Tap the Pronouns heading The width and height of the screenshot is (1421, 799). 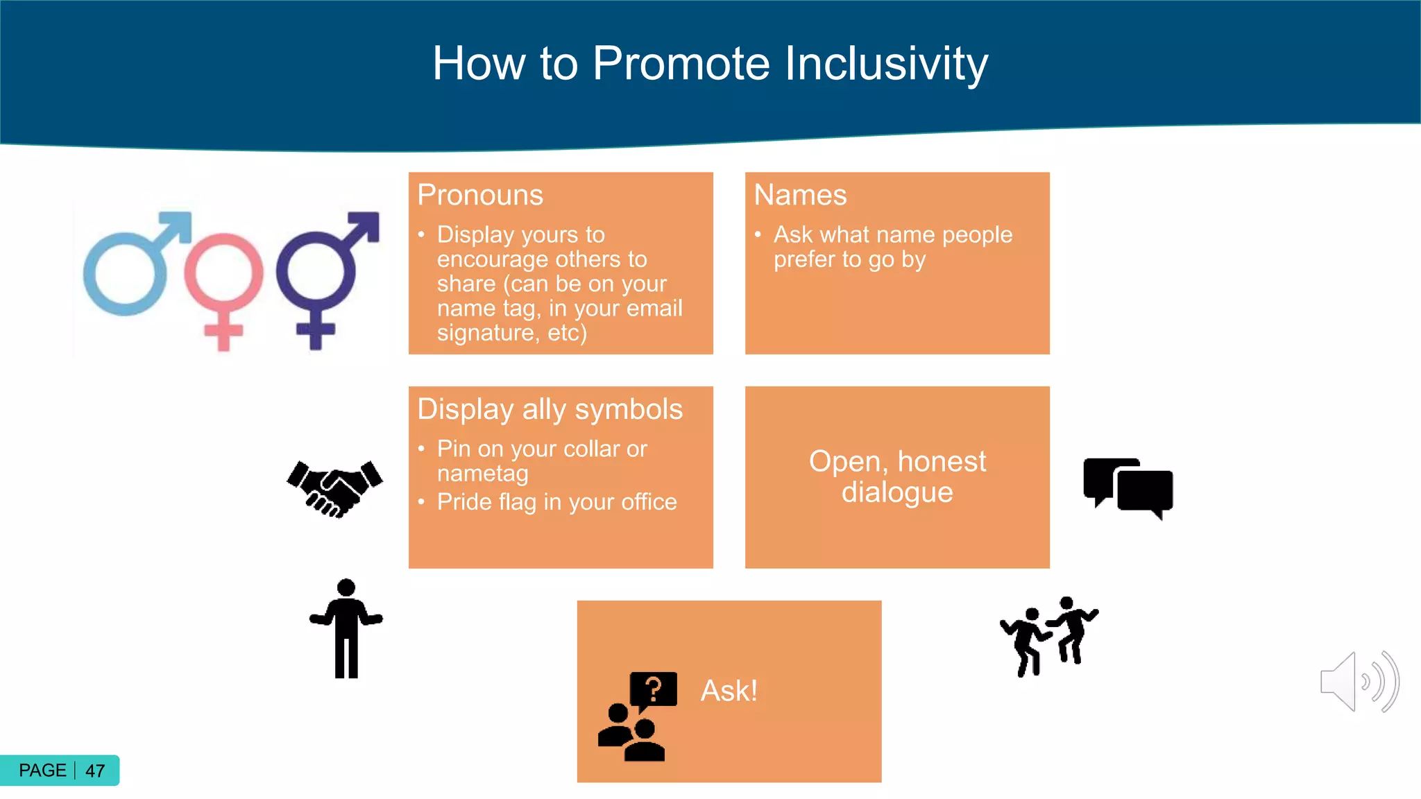tap(480, 195)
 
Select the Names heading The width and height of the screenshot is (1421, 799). tap(800, 195)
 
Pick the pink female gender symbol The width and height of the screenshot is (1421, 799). tap(223, 284)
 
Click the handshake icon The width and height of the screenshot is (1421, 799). tap(334, 488)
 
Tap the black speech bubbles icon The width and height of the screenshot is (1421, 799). tap(1128, 488)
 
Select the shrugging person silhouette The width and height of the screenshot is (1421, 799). tap(346, 628)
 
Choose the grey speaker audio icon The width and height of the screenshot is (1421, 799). tap(1359, 681)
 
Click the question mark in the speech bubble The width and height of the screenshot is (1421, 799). tap(653, 689)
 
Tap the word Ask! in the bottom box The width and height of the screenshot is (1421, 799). tap(729, 691)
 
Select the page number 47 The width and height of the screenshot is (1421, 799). tap(95, 771)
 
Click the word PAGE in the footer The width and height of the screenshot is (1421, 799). tap(42, 771)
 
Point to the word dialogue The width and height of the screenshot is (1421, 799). tap(897, 492)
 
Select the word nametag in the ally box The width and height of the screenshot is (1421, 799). tap(482, 474)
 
